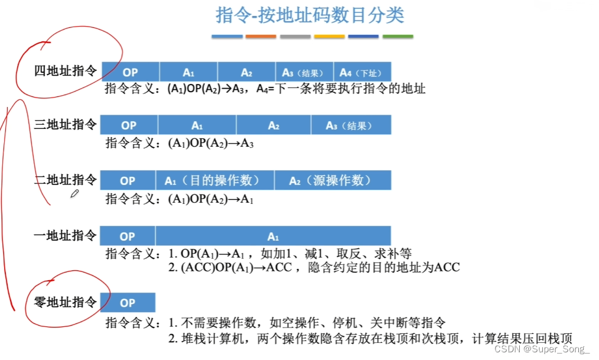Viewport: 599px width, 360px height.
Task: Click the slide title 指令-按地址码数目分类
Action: coord(310,15)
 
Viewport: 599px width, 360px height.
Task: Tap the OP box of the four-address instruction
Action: coord(131,72)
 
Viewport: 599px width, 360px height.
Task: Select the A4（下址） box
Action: coord(362,72)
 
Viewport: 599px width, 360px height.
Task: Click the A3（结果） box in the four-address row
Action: coord(304,72)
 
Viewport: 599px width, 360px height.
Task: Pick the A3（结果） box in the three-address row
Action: coord(350,125)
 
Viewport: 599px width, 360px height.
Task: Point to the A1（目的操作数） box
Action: coord(214,180)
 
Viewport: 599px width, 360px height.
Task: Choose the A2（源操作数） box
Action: coord(332,180)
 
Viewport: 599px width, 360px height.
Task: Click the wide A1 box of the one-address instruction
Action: coord(273,236)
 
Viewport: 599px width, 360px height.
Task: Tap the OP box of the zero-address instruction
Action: coord(128,303)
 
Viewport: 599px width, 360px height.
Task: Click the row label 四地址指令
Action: coord(66,72)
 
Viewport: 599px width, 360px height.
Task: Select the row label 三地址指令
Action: coord(66,125)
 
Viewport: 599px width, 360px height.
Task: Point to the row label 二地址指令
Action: coord(66,180)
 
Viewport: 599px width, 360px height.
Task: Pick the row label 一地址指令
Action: coord(66,236)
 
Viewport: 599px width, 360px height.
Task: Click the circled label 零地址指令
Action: coord(66,303)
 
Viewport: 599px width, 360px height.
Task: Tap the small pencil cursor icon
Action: coord(75,194)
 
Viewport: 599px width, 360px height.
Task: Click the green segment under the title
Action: coord(398,37)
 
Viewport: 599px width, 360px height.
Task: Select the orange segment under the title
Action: coord(261,37)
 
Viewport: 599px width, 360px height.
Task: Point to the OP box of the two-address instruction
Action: coord(128,180)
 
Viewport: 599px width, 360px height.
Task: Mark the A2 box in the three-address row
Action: coord(274,125)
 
